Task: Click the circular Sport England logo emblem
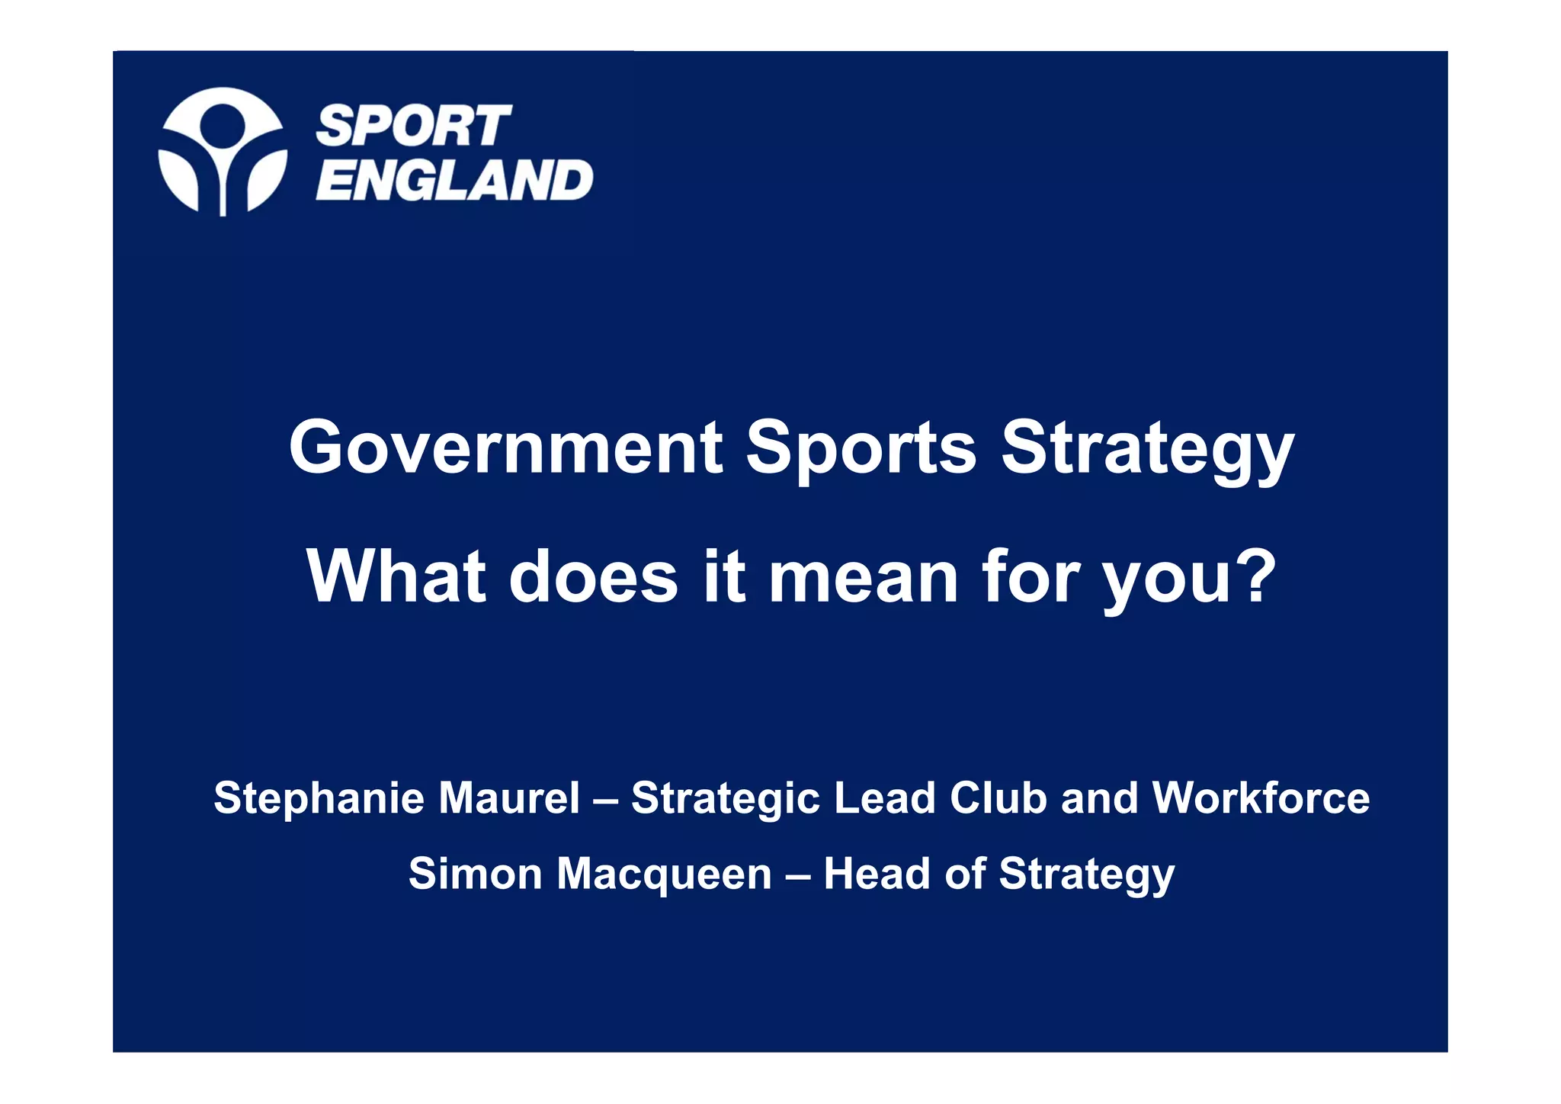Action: (x=223, y=151)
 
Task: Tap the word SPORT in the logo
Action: (x=413, y=126)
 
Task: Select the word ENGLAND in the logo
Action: (x=454, y=181)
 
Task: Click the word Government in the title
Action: (x=505, y=448)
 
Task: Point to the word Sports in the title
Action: (x=861, y=448)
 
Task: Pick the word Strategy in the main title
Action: (x=1147, y=450)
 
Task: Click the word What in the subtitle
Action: (x=396, y=577)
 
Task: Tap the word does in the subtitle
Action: (x=593, y=577)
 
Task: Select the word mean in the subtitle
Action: (x=863, y=577)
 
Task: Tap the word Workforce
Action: (x=1261, y=798)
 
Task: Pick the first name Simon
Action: (x=475, y=874)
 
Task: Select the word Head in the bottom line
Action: (x=877, y=874)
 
